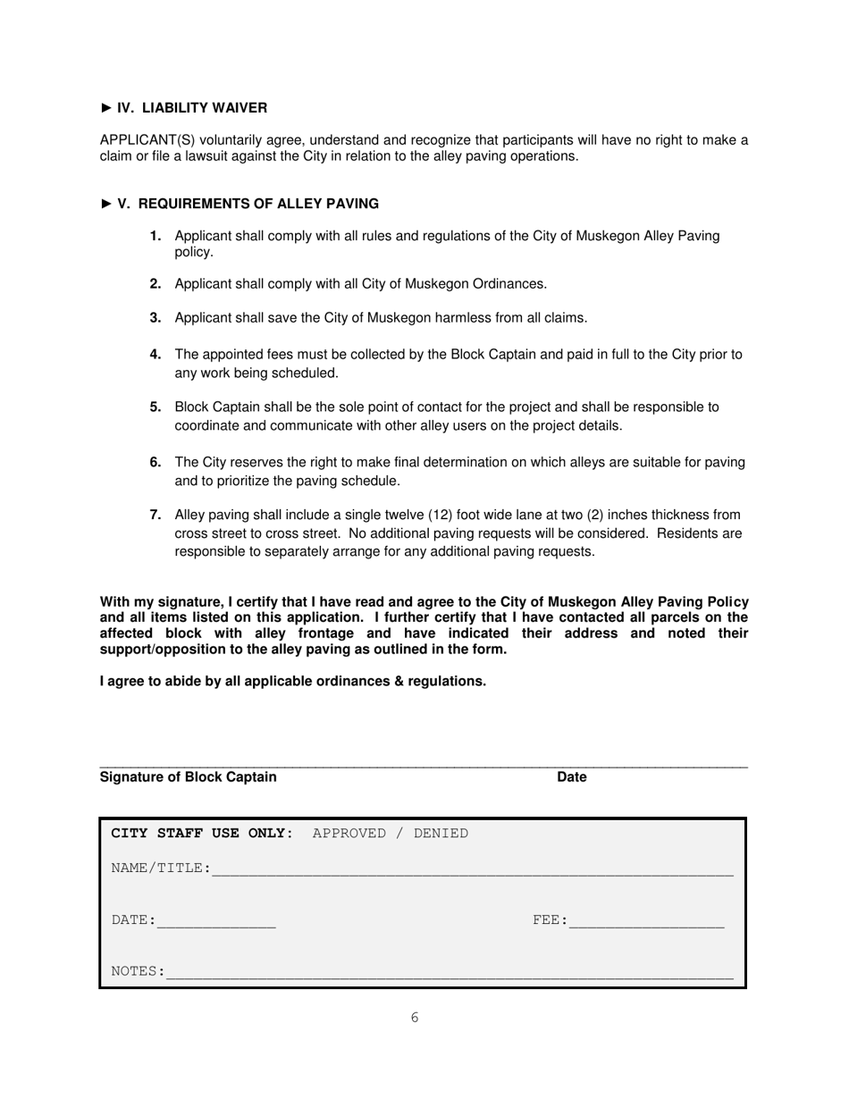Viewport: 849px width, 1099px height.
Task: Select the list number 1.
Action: point(156,236)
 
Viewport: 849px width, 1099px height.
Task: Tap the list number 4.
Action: point(156,355)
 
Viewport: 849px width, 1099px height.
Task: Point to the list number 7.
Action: point(156,515)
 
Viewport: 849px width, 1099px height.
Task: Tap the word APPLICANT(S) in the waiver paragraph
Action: point(143,140)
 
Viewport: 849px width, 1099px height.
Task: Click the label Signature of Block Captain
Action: point(189,777)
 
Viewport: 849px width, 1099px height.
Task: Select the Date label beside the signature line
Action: point(572,777)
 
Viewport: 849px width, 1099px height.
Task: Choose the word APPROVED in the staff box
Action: point(349,834)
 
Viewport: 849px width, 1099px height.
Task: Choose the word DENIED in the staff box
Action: point(441,834)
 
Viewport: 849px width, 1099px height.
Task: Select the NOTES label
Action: point(137,971)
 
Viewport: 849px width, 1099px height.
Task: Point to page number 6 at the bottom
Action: point(415,1018)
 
